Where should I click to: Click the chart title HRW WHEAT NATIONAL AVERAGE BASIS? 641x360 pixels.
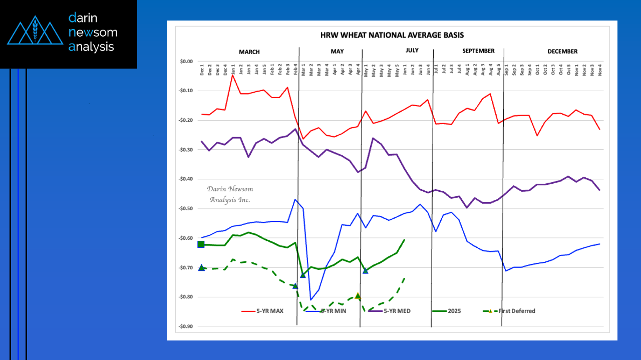(x=392, y=36)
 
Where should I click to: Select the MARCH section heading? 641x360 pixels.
(x=249, y=52)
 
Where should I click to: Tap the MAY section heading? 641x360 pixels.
(x=337, y=52)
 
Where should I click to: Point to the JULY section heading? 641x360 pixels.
(x=412, y=51)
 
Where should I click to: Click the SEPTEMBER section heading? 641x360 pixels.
(x=478, y=51)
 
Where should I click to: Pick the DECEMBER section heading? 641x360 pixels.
(x=562, y=52)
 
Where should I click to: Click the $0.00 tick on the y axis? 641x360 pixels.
(x=186, y=62)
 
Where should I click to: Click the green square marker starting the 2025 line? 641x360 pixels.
(x=201, y=244)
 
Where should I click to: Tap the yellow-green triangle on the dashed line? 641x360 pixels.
(x=358, y=296)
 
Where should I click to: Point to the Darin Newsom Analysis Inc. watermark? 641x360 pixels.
(x=230, y=194)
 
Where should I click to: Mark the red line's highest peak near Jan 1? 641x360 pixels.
(x=233, y=75)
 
